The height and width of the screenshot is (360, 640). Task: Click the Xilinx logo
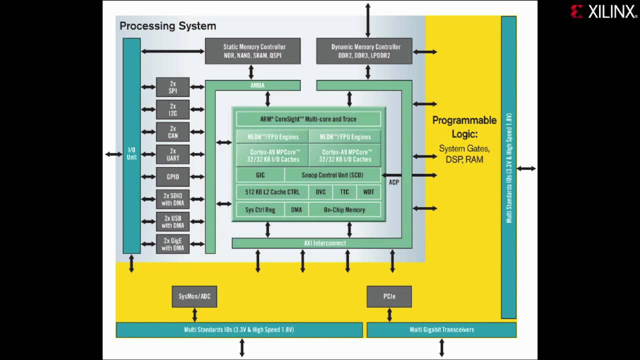click(603, 11)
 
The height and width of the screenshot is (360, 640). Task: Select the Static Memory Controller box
click(252, 51)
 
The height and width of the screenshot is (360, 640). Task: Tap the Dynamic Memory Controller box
click(364, 51)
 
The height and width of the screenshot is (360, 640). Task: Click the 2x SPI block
click(172, 87)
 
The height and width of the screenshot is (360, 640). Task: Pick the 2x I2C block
click(172, 109)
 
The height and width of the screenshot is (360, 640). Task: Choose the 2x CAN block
click(172, 132)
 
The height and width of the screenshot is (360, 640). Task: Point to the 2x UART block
click(172, 154)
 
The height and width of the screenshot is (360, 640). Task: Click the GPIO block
click(172, 177)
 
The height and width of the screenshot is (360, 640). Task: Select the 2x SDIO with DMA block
click(172, 199)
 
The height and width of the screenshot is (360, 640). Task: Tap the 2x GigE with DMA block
click(172, 244)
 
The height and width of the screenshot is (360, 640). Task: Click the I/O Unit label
click(131, 153)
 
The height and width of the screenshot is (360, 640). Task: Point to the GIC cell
click(260, 175)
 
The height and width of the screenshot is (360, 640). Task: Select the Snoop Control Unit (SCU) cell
click(332, 175)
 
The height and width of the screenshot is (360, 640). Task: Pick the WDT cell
click(368, 192)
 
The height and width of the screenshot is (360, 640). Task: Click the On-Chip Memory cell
click(344, 210)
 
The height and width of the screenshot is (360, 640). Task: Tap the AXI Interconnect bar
click(324, 243)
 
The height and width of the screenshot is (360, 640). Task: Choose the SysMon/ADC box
click(194, 296)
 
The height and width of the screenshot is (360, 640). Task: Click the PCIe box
click(389, 296)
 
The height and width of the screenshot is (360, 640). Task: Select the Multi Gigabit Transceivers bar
click(441, 330)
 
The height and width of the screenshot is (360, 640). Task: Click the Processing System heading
click(167, 26)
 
